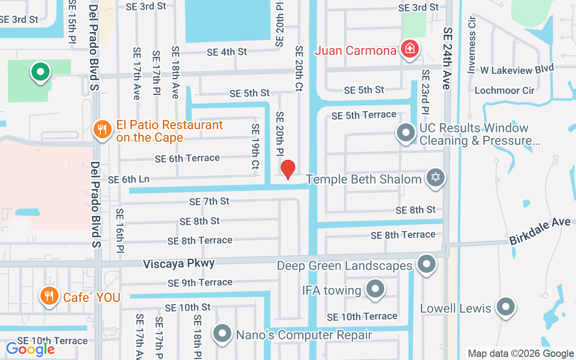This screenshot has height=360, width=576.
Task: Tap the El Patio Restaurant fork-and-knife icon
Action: pyautogui.click(x=103, y=130)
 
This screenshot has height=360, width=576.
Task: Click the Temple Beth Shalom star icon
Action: pyautogui.click(x=435, y=177)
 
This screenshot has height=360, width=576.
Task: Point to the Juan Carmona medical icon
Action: pyautogui.click(x=409, y=48)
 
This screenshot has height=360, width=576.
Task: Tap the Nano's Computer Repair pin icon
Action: pyautogui.click(x=222, y=334)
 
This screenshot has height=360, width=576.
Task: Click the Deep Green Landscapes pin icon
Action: pyautogui.click(x=426, y=264)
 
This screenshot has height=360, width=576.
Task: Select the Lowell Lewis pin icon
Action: pyautogui.click(x=505, y=307)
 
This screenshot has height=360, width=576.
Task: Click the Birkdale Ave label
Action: pyautogui.click(x=540, y=231)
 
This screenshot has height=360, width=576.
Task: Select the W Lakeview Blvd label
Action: pyautogui.click(x=517, y=69)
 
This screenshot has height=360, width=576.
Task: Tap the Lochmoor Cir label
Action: pyautogui.click(x=504, y=90)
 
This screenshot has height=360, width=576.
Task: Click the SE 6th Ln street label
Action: pyautogui.click(x=129, y=179)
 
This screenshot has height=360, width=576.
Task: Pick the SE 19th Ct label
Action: pyautogui.click(x=256, y=146)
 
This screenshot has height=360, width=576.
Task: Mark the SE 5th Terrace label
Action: pyautogui.click(x=364, y=115)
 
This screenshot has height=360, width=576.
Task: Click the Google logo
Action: pyautogui.click(x=30, y=349)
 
